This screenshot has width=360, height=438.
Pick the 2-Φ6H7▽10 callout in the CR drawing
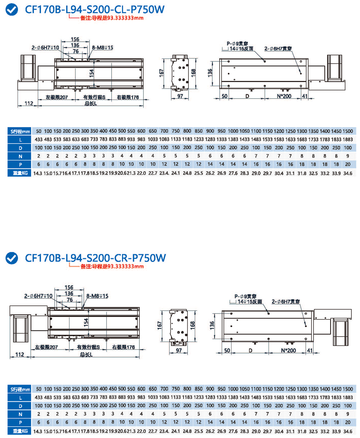pyautogui.click(x=39, y=296)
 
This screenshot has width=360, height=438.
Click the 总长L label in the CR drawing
pyautogui.click(x=86, y=355)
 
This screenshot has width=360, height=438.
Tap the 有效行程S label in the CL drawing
pyautogui.click(x=94, y=97)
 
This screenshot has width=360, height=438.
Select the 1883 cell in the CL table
pyautogui.click(x=348, y=139)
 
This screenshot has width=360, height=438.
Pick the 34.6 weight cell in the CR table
pyautogui.click(x=348, y=431)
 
